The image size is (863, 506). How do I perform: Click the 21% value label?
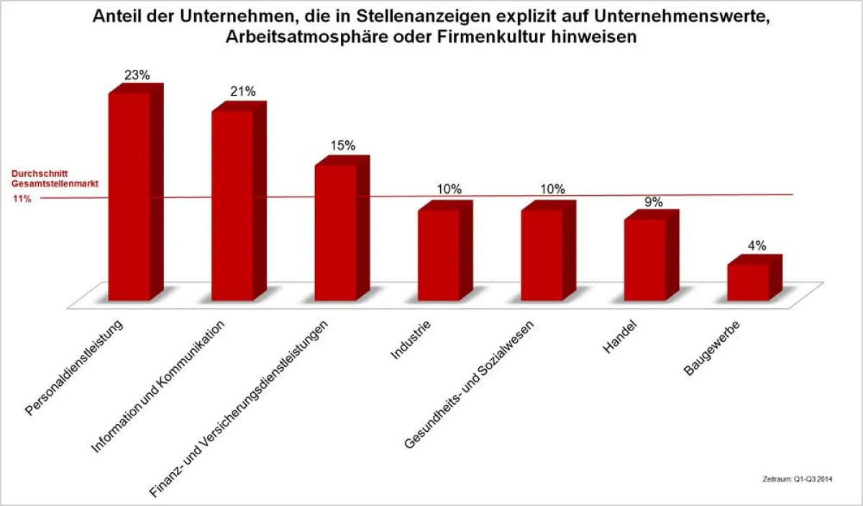(x=243, y=91)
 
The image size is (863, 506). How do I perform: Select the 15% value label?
(x=343, y=145)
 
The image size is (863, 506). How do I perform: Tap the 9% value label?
(x=653, y=202)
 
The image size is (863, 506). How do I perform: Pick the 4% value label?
(x=757, y=245)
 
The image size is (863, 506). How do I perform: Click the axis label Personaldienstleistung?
(x=76, y=367)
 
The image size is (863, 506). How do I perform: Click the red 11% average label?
(x=22, y=199)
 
